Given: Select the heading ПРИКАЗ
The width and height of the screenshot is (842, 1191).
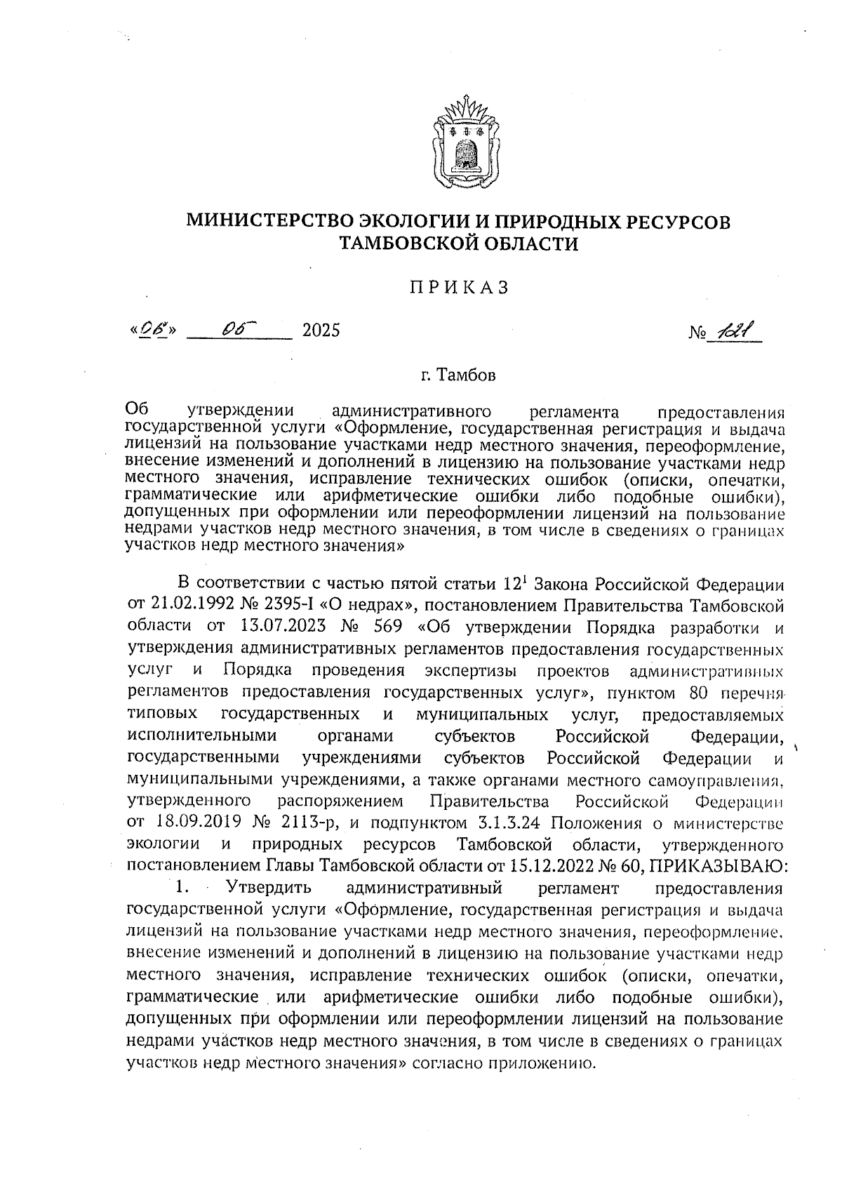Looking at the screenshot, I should [x=458, y=288].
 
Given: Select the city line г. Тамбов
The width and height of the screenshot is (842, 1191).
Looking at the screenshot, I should [x=458, y=375].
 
